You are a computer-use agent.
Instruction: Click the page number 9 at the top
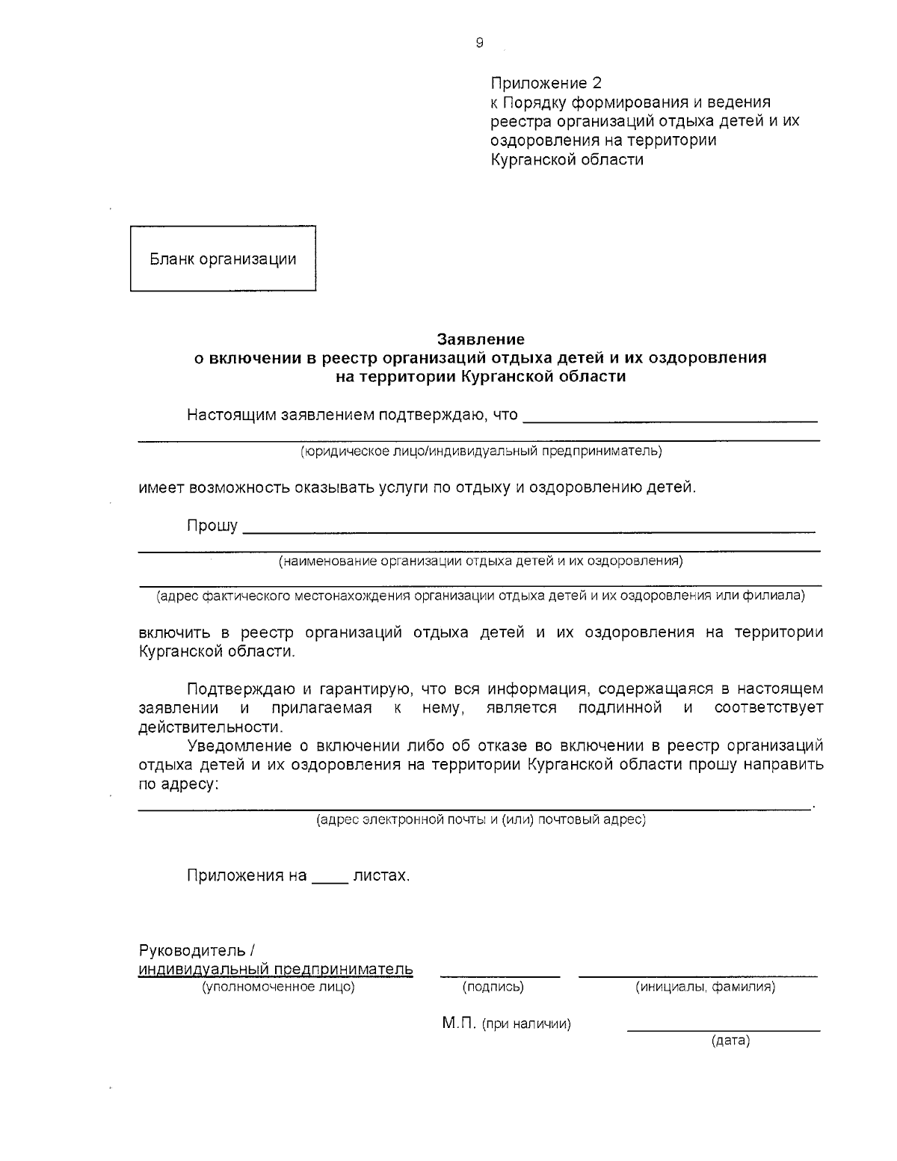coord(479,43)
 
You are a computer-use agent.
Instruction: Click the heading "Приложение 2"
coord(546,82)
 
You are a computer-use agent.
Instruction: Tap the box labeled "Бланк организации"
coord(223,259)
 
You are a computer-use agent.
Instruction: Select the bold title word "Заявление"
coord(481,339)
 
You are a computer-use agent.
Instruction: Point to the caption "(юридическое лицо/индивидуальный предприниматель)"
coord(481,451)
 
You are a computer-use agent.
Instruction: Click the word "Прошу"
coord(212,526)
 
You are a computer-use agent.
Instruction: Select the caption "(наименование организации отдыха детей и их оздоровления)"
coord(481,561)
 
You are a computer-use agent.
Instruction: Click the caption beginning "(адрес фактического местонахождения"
coord(481,596)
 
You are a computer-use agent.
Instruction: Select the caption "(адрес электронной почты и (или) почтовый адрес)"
coord(481,820)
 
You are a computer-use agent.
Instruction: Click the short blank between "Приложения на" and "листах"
coord(329,881)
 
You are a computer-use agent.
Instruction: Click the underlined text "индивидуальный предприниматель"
coord(276,970)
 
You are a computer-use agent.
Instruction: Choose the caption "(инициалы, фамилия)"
coord(705,988)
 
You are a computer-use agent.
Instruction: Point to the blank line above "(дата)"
coord(723,1030)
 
